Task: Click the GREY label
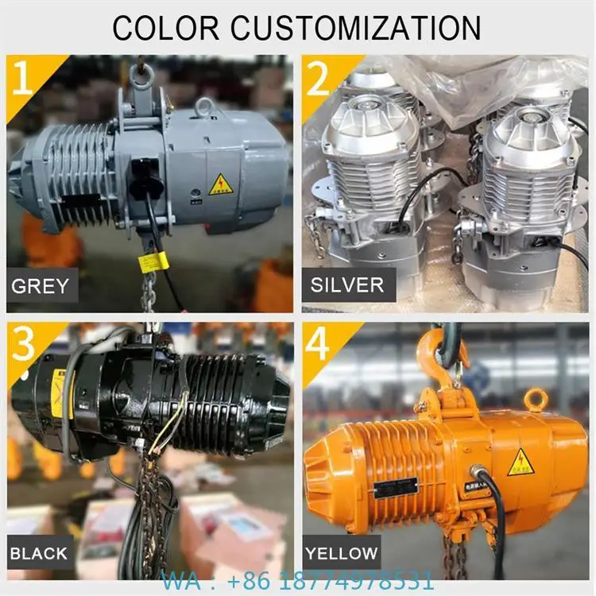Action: point(40,284)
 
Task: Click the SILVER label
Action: point(347,284)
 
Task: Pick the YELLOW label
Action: point(342,552)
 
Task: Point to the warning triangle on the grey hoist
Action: point(221,185)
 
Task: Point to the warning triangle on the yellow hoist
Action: point(521,462)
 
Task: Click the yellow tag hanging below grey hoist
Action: point(151,262)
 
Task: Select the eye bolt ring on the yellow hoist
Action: point(536,399)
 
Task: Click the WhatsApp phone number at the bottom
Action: point(298,580)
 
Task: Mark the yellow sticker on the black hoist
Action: point(59,393)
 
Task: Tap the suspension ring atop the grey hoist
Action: point(141,76)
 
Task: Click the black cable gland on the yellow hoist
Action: point(480,474)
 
